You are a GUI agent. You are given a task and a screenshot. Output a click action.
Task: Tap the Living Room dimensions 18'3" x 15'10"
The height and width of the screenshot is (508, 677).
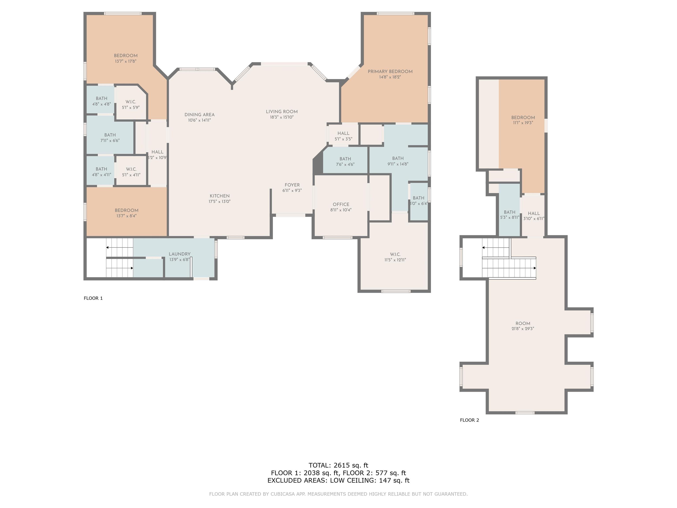tap(282, 117)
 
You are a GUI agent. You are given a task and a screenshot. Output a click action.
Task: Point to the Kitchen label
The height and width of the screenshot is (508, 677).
tap(219, 196)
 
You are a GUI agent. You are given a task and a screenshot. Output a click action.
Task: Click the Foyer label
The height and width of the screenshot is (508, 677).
tap(292, 185)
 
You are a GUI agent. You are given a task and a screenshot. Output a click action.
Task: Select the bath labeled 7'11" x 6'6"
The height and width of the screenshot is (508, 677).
tap(110, 138)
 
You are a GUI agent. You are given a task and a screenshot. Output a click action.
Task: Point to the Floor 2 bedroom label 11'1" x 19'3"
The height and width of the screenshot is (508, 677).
tap(523, 120)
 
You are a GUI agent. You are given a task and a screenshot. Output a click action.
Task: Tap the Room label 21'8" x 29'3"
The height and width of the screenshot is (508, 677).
tap(523, 326)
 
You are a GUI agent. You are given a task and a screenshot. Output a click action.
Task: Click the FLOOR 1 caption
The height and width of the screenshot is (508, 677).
tap(93, 298)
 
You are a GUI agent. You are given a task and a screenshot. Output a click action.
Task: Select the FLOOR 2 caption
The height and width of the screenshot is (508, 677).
tap(469, 420)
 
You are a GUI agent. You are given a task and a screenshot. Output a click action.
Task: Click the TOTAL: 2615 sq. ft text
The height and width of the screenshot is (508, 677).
tap(338, 465)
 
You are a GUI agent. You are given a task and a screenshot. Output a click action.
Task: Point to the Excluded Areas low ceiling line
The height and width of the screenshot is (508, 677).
tap(338, 480)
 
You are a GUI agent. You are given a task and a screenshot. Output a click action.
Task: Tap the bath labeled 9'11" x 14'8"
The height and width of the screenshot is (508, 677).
tap(398, 161)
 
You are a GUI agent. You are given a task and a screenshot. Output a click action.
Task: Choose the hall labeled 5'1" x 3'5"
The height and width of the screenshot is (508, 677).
tap(343, 136)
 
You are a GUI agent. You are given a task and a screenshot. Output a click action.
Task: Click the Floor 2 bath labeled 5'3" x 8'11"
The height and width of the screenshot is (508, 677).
tap(510, 215)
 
